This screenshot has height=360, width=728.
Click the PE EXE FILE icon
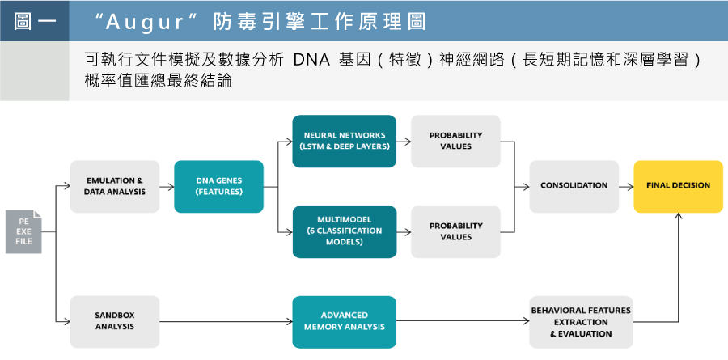(x=23, y=232)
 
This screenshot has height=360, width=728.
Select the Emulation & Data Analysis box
(x=115, y=186)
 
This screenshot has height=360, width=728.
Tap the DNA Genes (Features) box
(x=218, y=186)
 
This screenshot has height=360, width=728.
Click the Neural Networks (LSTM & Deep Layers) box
(x=344, y=142)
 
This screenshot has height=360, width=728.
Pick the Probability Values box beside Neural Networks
(x=455, y=142)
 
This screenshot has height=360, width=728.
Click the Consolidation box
(x=574, y=186)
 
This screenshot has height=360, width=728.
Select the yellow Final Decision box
(x=679, y=186)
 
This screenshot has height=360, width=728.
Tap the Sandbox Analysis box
(x=115, y=321)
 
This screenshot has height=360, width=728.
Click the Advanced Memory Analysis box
(x=344, y=321)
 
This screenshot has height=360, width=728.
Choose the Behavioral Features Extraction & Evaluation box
(x=581, y=321)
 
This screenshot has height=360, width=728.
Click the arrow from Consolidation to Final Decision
(x=626, y=187)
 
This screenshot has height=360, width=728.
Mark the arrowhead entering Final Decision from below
(x=679, y=216)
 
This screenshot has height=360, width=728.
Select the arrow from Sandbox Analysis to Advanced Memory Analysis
(x=226, y=321)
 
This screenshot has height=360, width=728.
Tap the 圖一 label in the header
(x=35, y=21)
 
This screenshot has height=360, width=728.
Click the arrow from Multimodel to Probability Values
(x=404, y=232)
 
